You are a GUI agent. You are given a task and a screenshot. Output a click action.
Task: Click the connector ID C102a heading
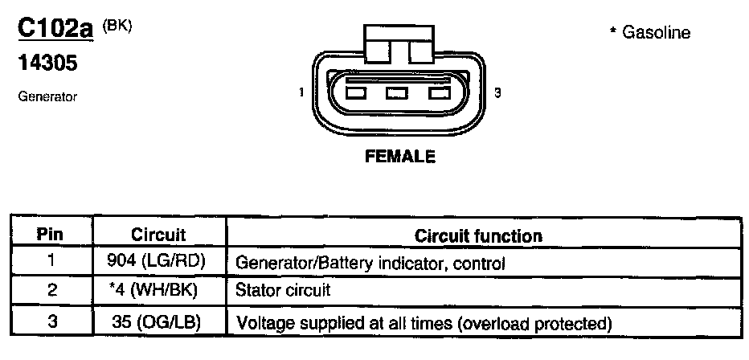pyautogui.click(x=55, y=30)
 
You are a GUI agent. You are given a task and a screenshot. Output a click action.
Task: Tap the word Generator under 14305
pyautogui.click(x=47, y=96)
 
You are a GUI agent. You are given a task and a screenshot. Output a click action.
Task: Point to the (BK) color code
pyautogui.click(x=117, y=26)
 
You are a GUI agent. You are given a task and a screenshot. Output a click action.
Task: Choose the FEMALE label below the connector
pyautogui.click(x=399, y=157)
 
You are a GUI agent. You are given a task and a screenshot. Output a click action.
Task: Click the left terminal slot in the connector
pyautogui.click(x=354, y=94)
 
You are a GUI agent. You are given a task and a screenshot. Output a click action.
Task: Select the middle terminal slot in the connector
pyautogui.click(x=397, y=94)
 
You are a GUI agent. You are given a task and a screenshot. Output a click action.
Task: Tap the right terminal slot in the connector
pyautogui.click(x=439, y=94)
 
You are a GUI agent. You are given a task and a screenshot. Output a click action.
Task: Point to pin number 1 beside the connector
pyautogui.click(x=301, y=93)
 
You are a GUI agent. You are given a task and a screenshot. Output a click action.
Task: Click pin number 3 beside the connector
pyautogui.click(x=497, y=93)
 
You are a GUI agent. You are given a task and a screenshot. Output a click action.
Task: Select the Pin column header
pyautogui.click(x=51, y=235)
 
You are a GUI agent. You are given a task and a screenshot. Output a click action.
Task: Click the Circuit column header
pyautogui.click(x=158, y=235)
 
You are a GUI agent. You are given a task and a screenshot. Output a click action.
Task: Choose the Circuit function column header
pyautogui.click(x=478, y=235)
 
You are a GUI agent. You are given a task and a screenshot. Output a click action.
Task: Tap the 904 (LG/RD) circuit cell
pyautogui.click(x=158, y=262)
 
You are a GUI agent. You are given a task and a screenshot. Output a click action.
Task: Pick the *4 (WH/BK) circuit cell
pyautogui.click(x=158, y=289)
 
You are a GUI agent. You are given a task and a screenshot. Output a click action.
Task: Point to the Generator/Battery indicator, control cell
pyautogui.click(x=369, y=263)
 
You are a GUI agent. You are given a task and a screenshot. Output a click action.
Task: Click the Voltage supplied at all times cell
pyautogui.click(x=423, y=323)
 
